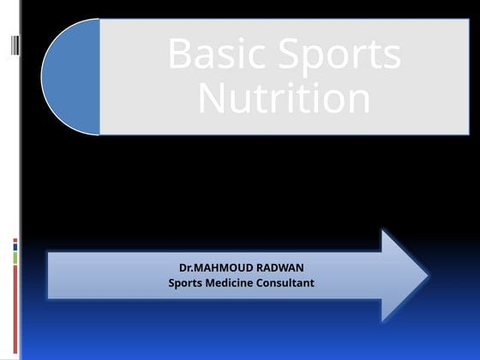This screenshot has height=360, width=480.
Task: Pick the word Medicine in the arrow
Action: [237, 283]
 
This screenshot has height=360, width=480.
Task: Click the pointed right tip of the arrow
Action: [425, 275]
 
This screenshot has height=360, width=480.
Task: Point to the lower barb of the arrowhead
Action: [385, 315]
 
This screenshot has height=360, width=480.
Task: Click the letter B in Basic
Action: [179, 55]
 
